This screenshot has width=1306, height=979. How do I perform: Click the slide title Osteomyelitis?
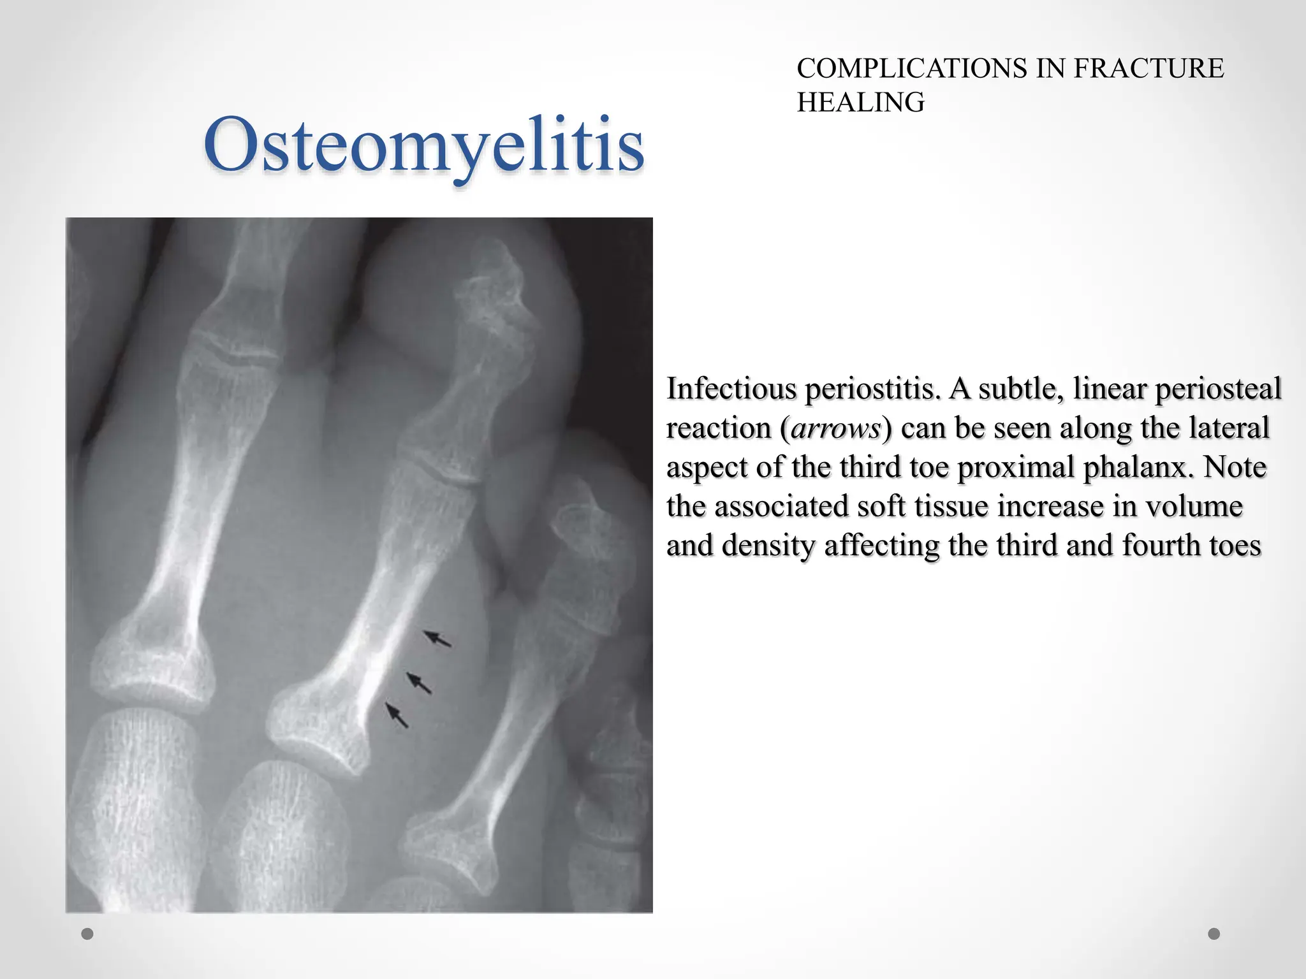pos(424,145)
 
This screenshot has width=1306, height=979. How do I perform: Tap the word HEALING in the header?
pos(860,102)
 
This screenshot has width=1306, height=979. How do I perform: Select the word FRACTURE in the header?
pos(1148,68)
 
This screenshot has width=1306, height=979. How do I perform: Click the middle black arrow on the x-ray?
pos(419,683)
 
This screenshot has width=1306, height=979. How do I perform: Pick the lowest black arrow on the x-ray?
pos(397,715)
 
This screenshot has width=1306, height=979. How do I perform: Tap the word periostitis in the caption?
pos(872,389)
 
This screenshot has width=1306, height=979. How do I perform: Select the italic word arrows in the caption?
pos(835,428)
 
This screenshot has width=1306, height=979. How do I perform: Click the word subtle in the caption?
pos(1020,388)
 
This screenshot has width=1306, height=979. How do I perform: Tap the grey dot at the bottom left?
pos(87,934)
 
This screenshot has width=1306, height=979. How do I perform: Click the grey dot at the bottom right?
pos(1214,934)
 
